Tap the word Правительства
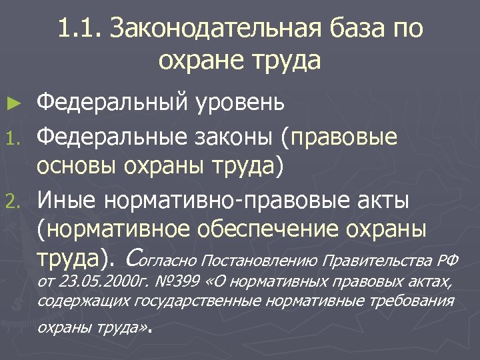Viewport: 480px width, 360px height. coord(378,259)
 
